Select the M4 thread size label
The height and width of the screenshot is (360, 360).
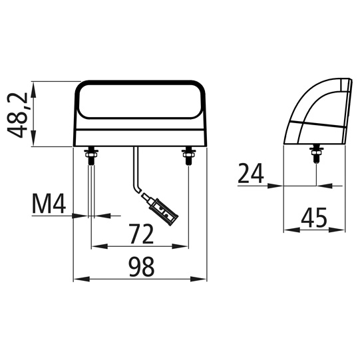point(49,205)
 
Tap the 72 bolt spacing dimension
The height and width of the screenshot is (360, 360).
point(140,234)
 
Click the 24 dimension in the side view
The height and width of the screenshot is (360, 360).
point(251,174)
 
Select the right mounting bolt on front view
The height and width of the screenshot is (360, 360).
point(189,156)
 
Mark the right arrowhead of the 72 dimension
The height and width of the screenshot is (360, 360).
point(184,246)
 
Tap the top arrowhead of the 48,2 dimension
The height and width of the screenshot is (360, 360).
point(34,87)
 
